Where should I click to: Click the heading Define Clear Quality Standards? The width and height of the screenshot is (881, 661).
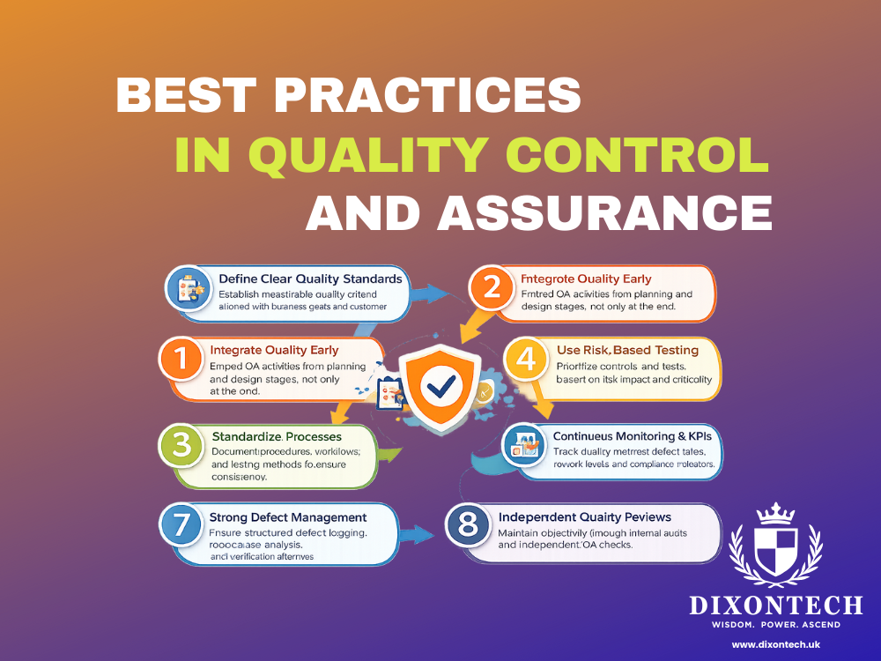pos(310,279)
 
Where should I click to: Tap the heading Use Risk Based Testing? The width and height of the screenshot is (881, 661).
pos(627,351)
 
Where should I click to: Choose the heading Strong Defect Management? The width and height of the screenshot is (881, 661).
pos(288,516)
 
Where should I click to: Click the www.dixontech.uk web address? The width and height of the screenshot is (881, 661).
pos(775,644)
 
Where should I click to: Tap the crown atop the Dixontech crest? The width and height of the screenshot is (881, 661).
pos(775,513)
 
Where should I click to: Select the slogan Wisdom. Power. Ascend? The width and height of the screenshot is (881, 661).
pos(775,625)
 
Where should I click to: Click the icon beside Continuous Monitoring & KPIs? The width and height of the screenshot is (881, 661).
pos(527,448)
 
